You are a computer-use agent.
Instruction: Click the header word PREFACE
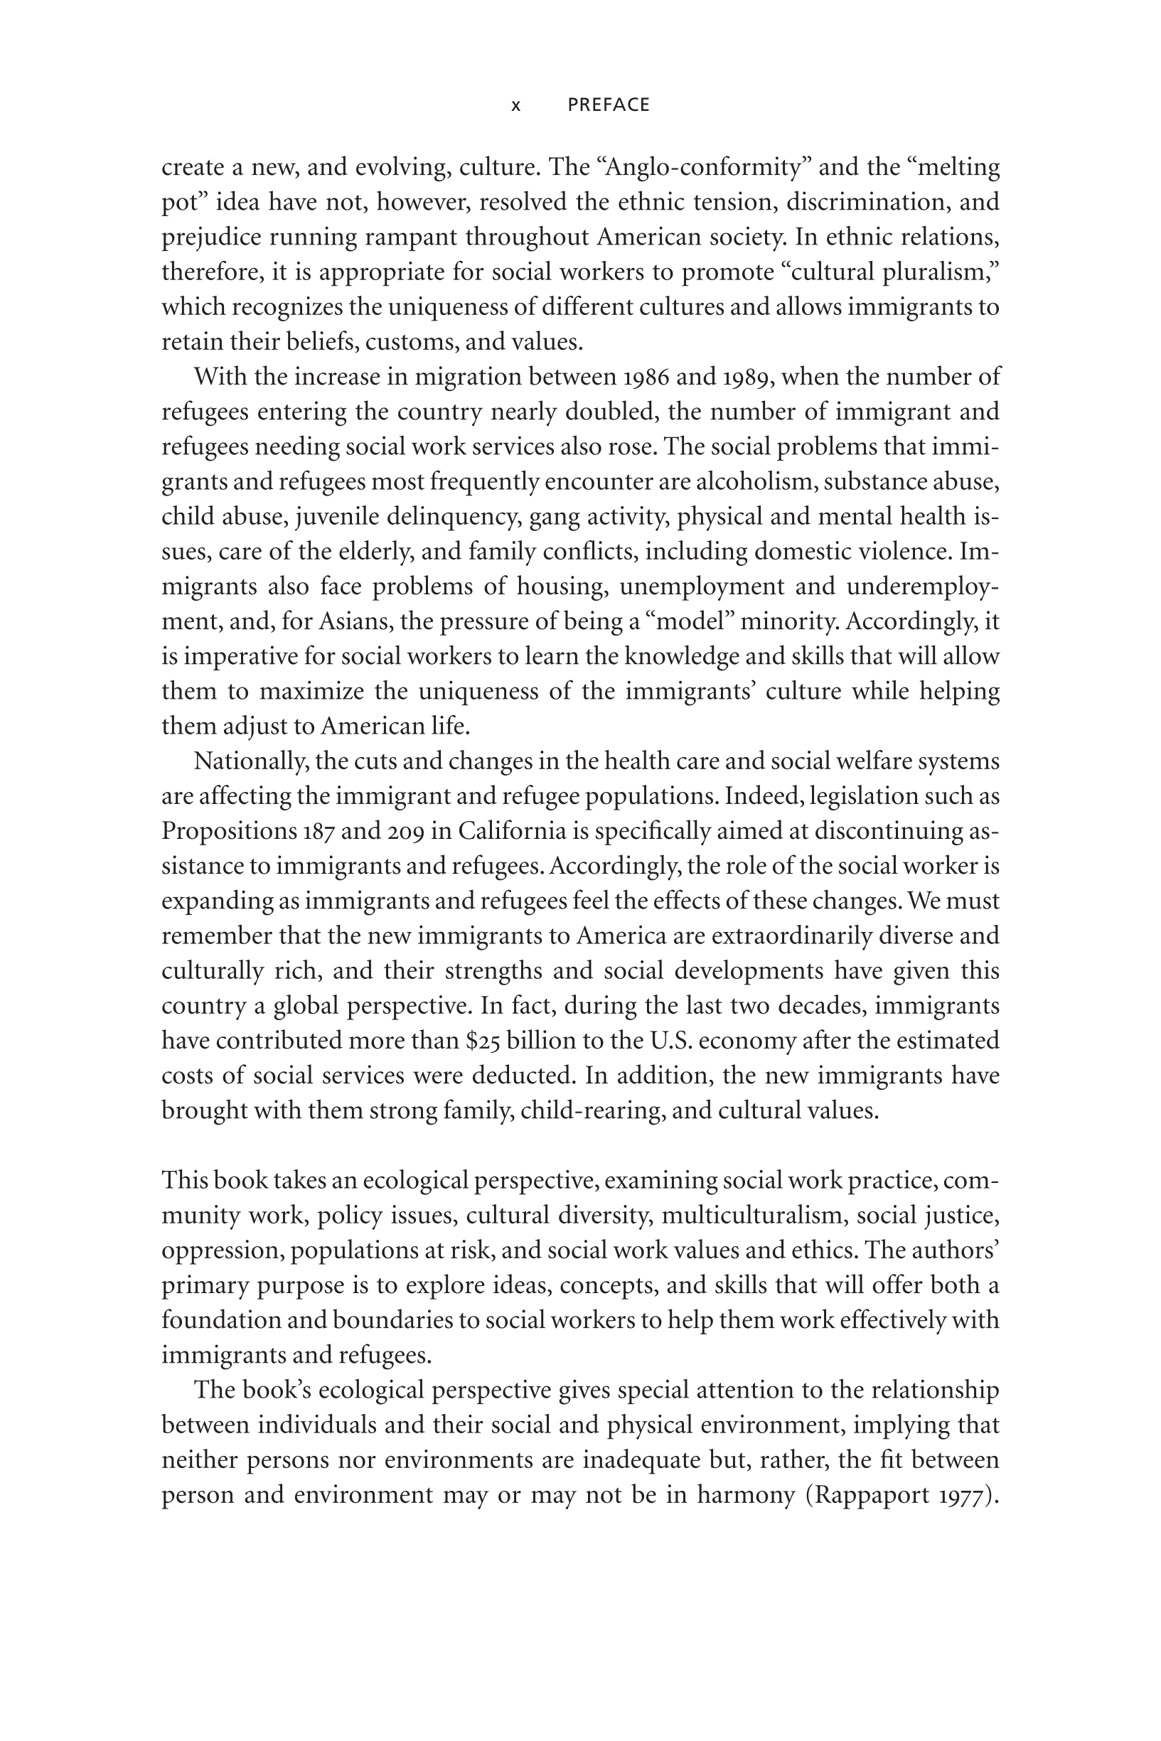pyautogui.click(x=608, y=105)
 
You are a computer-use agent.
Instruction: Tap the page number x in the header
pyautogui.click(x=516, y=106)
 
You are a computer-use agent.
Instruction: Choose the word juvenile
pyautogui.click(x=337, y=517)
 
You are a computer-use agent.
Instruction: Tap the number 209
pyautogui.click(x=405, y=831)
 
